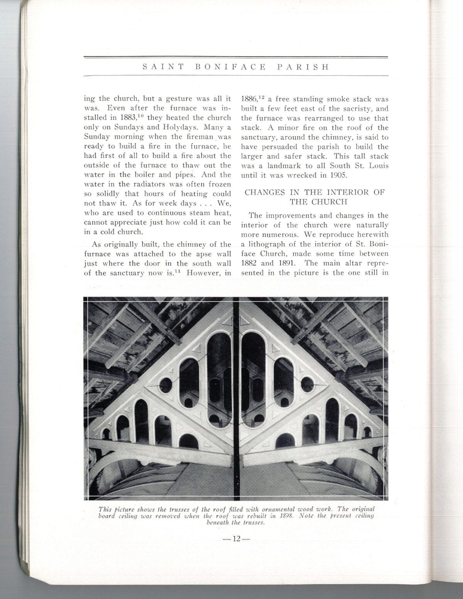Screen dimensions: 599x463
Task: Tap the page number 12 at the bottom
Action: (236, 539)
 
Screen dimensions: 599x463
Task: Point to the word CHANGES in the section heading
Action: (265, 192)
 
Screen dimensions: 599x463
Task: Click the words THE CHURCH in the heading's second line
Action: (319, 202)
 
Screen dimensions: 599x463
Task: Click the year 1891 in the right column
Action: (284, 263)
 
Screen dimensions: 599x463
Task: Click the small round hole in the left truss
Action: (166, 385)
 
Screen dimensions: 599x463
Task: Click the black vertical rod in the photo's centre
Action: (236, 397)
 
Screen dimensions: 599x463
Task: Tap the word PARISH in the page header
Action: (303, 67)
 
